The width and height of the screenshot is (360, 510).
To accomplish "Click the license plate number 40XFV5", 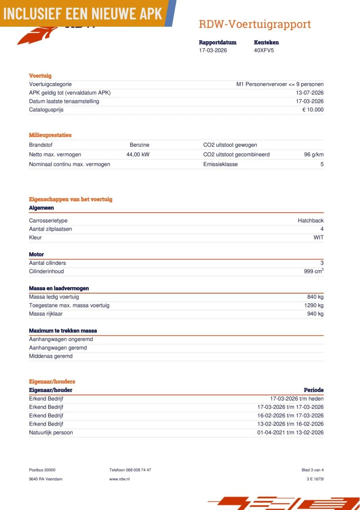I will pyautogui.click(x=264, y=51).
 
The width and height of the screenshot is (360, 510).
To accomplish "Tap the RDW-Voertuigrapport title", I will pyautogui.click(x=255, y=24).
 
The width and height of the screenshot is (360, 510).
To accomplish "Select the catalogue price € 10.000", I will pyautogui.click(x=313, y=110).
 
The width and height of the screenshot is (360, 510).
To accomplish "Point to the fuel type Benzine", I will pyautogui.click(x=139, y=145).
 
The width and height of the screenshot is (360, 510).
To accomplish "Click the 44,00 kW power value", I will pyautogui.click(x=138, y=155).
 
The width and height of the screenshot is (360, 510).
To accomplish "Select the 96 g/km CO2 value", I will pyautogui.click(x=314, y=155).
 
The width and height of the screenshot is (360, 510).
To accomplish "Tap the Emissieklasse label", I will pyautogui.click(x=220, y=164).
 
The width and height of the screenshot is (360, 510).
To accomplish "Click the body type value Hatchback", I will pyautogui.click(x=311, y=221).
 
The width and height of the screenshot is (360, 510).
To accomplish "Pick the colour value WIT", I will pyautogui.click(x=319, y=238).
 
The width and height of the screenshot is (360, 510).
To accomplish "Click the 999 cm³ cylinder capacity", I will pyautogui.click(x=313, y=272).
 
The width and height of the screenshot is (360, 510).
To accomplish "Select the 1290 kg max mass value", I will pyautogui.click(x=314, y=306).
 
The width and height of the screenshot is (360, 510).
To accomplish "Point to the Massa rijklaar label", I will pyautogui.click(x=46, y=314).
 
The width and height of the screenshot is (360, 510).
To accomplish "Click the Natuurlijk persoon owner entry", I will pyautogui.click(x=51, y=433).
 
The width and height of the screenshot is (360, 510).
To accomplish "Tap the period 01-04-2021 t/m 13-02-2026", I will pyautogui.click(x=290, y=433).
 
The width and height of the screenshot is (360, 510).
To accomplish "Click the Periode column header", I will pyautogui.click(x=314, y=390).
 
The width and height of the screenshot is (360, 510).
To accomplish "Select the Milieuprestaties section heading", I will pyautogui.click(x=50, y=135).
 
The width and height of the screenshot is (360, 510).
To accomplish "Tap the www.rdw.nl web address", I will pyautogui.click(x=119, y=479).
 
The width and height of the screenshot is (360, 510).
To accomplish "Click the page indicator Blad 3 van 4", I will pyautogui.click(x=313, y=470).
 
